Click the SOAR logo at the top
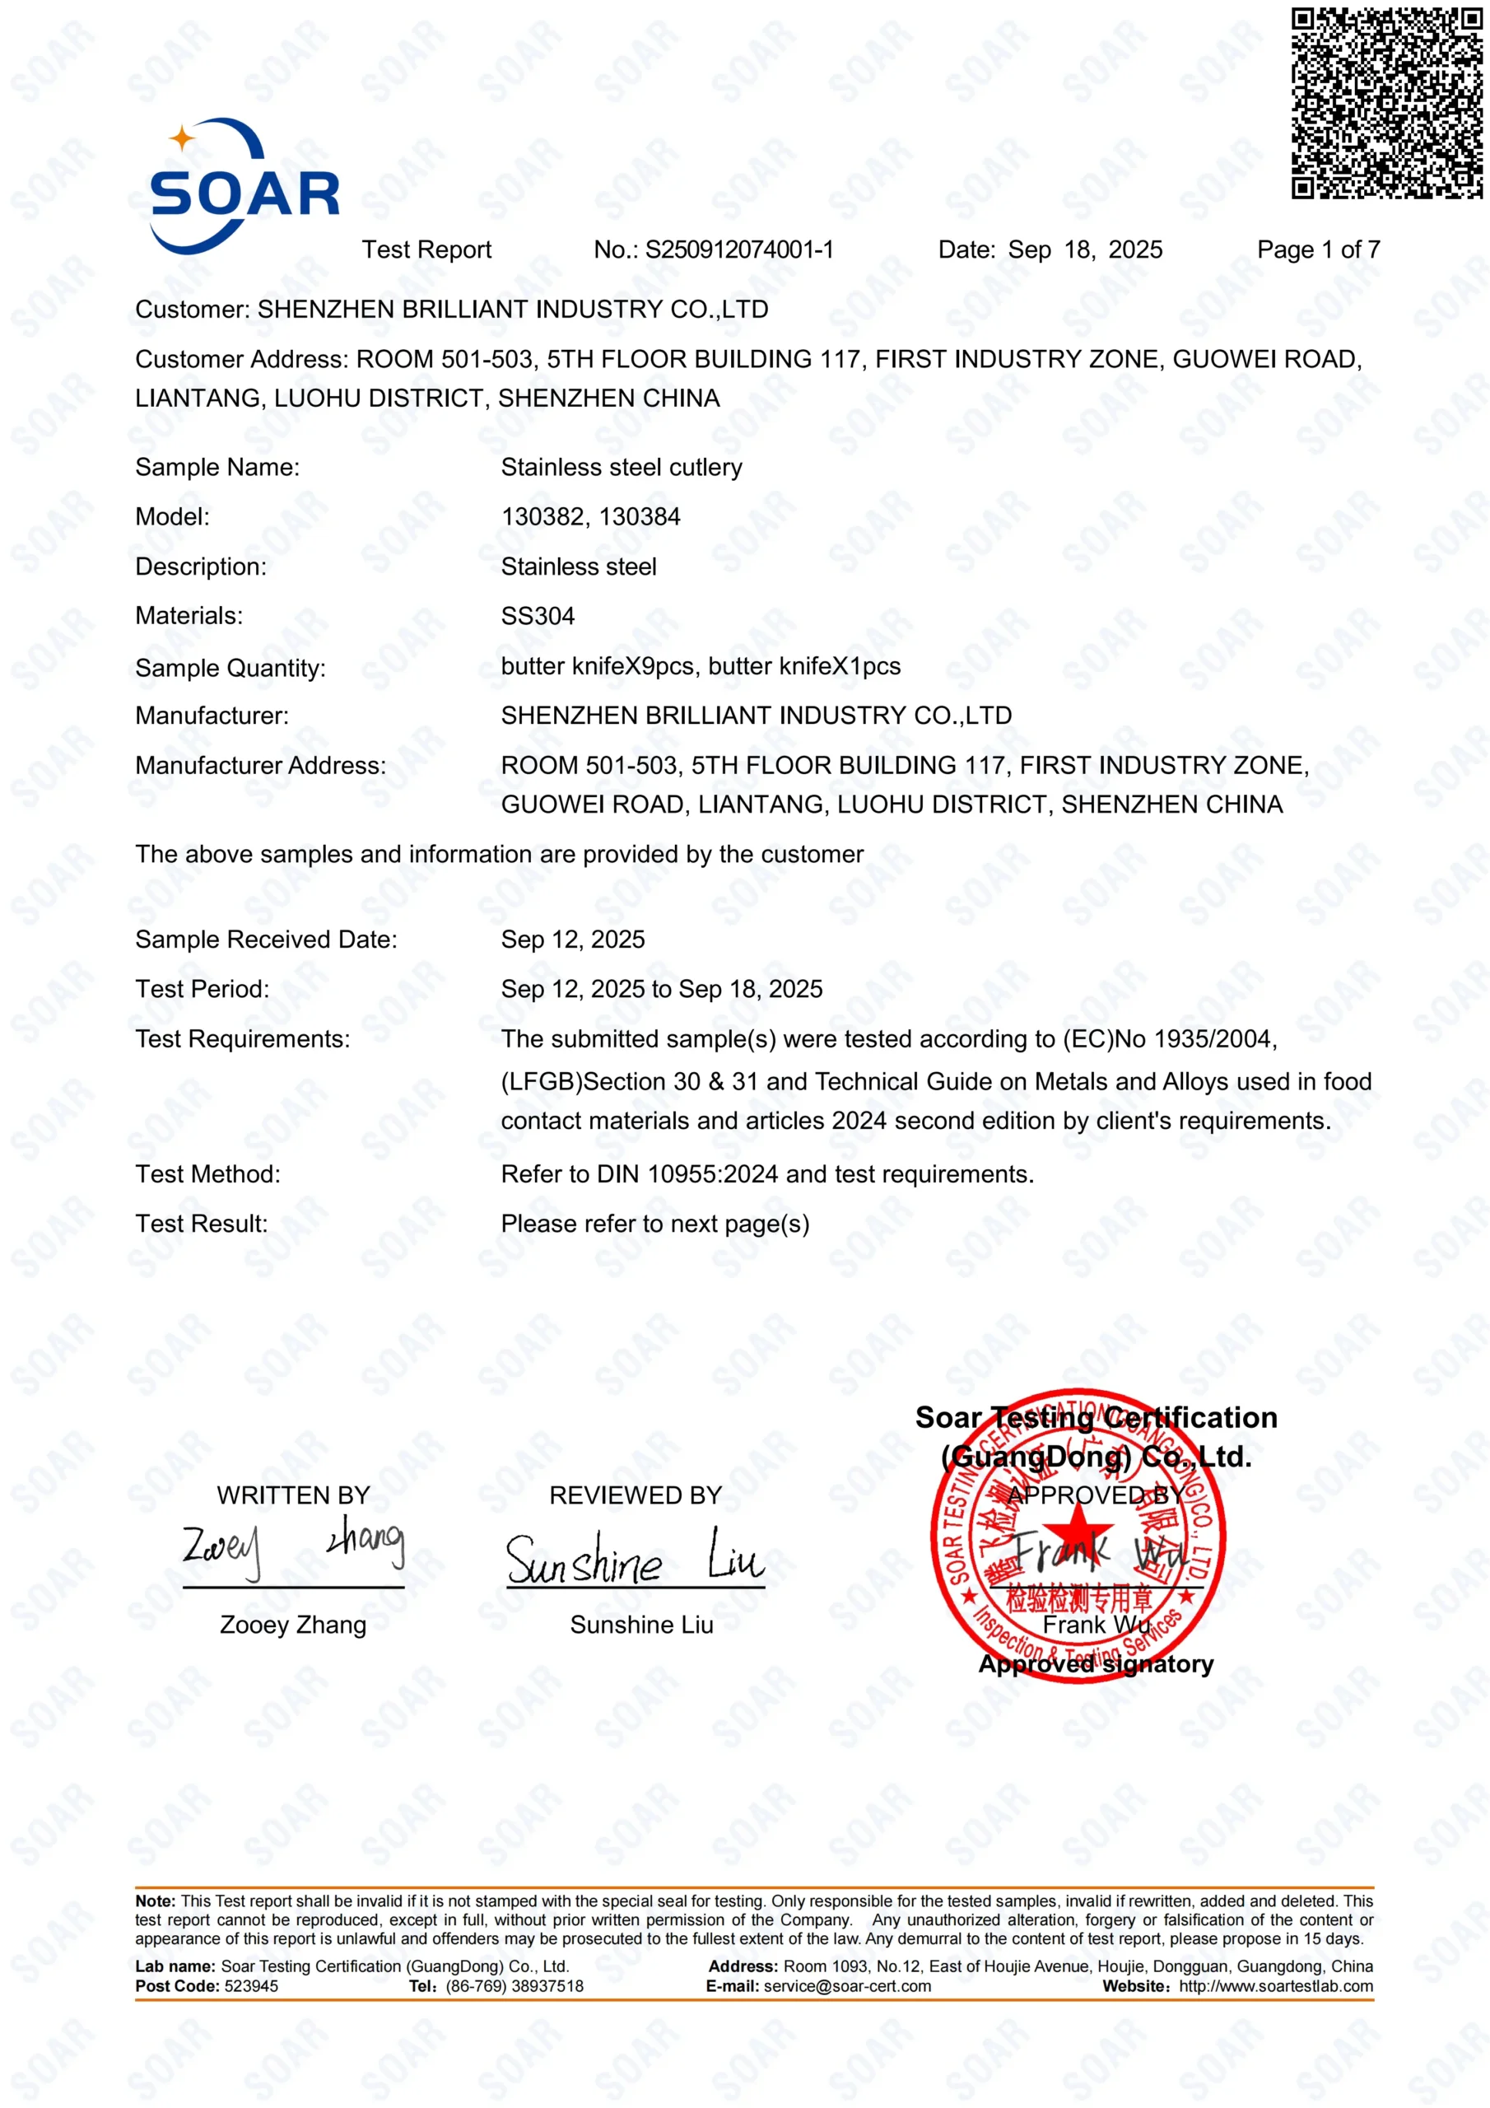pos(244,186)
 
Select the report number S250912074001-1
pos(739,250)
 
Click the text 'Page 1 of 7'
pos(1317,250)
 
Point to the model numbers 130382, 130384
pos(590,517)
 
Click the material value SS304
pos(538,616)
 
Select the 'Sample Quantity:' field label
pos(230,668)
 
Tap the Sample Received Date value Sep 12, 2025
pos(573,940)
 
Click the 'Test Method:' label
pos(208,1174)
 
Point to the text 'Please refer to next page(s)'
pos(654,1224)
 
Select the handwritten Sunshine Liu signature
pos(635,1558)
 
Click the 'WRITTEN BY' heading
pos(293,1495)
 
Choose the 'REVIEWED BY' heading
pos(636,1495)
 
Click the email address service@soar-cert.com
pos(846,1986)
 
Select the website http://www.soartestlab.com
pos(1275,1986)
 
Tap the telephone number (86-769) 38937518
pos(515,1986)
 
